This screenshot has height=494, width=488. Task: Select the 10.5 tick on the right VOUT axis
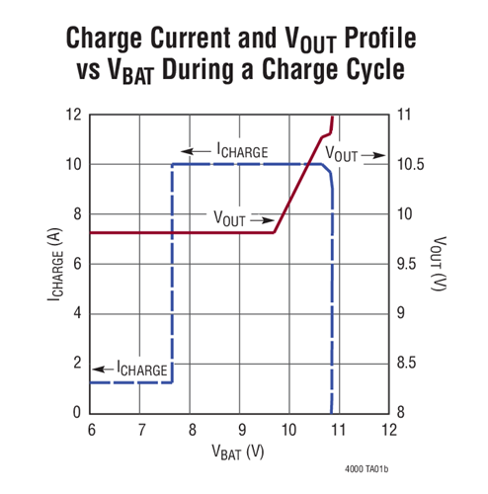(411, 165)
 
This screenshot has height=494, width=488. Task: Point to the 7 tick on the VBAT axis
(141, 430)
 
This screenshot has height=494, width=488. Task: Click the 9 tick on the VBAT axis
(240, 430)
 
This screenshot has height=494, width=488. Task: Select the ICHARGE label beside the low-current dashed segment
(142, 368)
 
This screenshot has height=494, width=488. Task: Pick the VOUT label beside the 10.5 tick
(342, 155)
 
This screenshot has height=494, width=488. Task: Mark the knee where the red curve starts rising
(274, 231)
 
